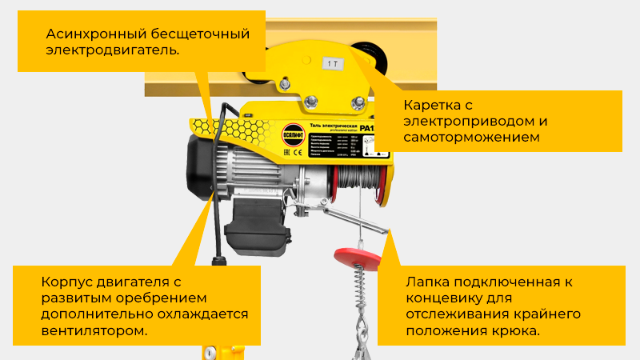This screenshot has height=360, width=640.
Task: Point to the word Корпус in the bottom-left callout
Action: [x=66, y=282]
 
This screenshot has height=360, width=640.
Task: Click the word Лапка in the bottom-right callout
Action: [x=428, y=282]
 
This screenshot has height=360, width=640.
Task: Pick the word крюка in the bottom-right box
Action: [x=518, y=330]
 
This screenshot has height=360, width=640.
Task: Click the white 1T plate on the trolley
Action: [x=331, y=61]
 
